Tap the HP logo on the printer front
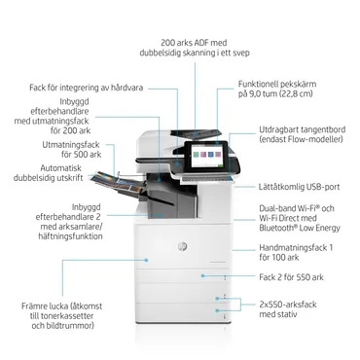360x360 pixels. tap(181, 247)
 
